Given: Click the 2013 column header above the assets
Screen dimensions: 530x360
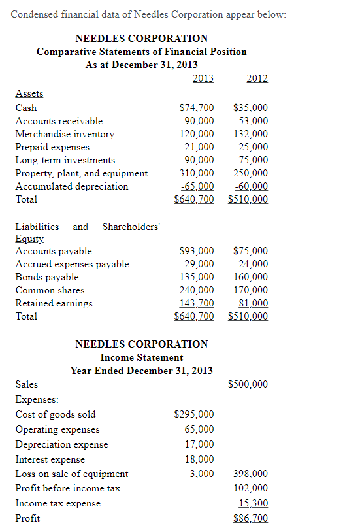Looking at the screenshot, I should point(203,79).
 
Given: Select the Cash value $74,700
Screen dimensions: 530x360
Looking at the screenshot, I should point(196,108).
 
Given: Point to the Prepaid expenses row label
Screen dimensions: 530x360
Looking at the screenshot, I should point(52,147).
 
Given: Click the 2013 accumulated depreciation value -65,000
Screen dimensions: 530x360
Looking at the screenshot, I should point(197,186).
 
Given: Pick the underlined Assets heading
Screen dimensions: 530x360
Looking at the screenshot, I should point(29,93).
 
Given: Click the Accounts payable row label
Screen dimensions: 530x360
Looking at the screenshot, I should point(54,251).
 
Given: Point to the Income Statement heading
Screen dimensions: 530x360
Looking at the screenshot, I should point(142,357).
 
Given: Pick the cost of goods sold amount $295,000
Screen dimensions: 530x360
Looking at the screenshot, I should point(193,414).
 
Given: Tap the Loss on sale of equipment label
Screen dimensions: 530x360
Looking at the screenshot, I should point(72,474).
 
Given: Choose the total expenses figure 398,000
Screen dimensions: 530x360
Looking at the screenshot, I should point(250,474).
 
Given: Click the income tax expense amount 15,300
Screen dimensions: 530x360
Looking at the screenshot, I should point(253,503).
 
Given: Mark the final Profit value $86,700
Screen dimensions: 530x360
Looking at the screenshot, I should point(250,518).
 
